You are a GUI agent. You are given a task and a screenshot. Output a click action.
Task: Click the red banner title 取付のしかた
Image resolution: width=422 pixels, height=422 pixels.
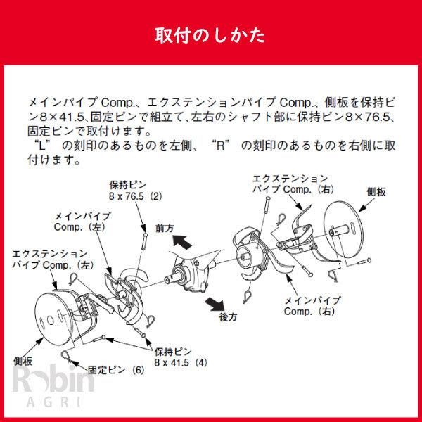pos(210,35)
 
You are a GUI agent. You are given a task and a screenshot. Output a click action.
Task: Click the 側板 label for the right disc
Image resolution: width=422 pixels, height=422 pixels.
pos(376,191)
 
